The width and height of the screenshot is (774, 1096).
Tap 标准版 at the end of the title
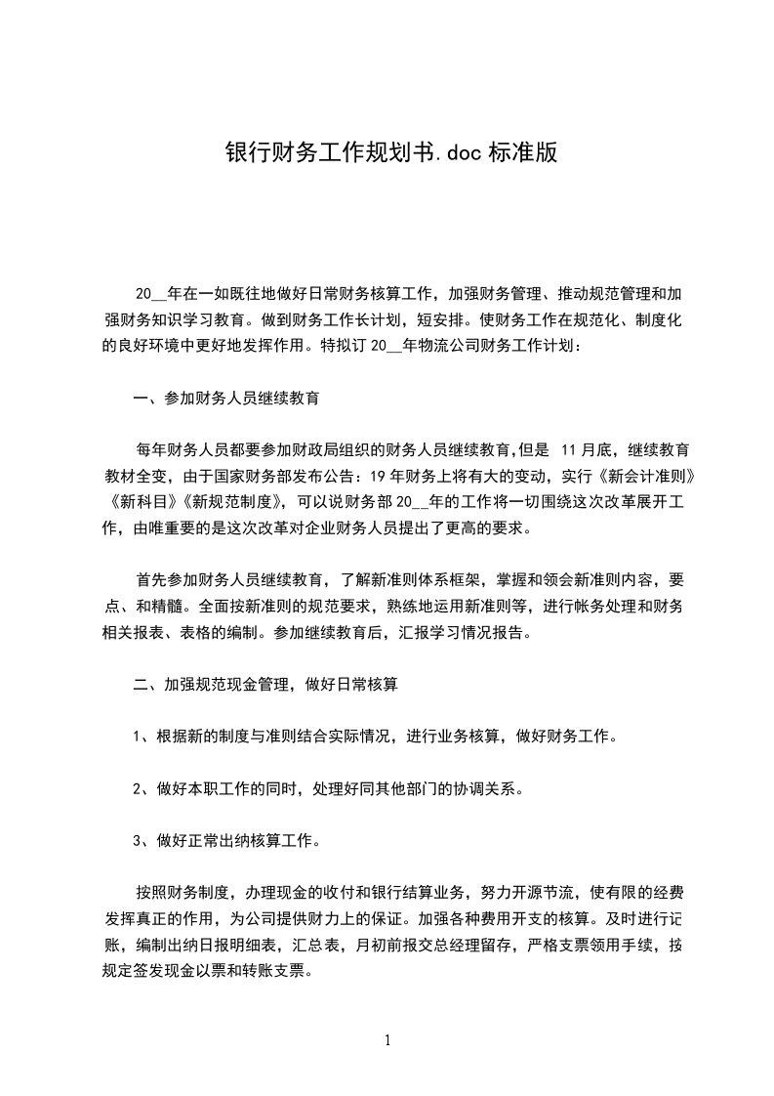(528, 152)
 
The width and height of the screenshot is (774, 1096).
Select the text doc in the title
(462, 152)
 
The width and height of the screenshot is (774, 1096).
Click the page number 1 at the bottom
(387, 1041)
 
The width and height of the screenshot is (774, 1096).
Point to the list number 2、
(141, 788)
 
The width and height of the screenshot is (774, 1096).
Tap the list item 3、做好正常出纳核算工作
(225, 840)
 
